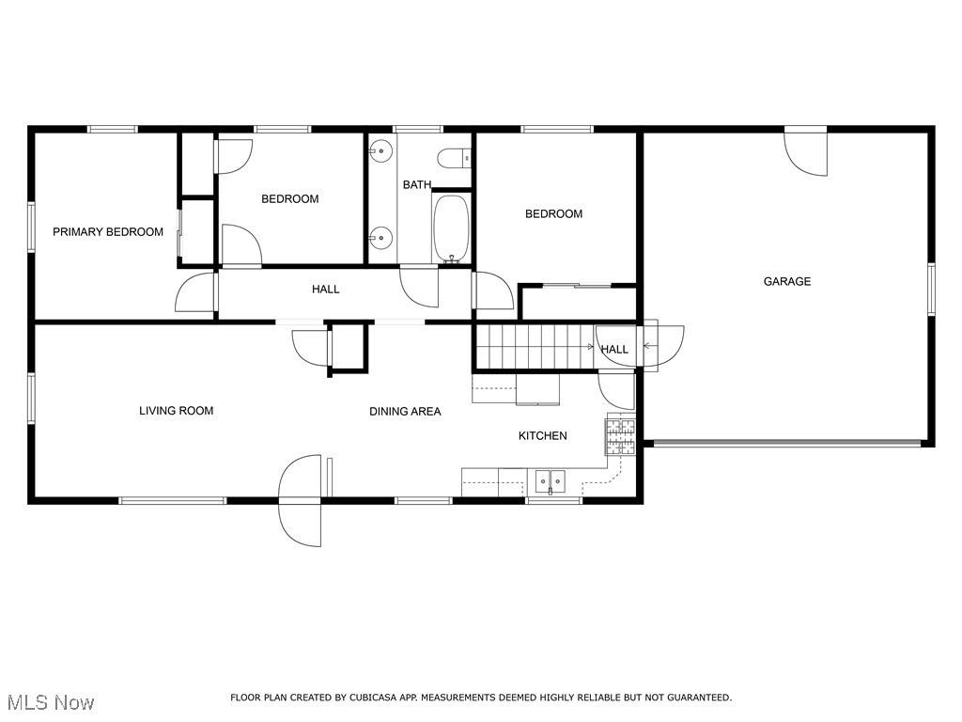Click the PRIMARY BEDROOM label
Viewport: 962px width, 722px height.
108,232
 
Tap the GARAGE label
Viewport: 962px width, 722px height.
786,281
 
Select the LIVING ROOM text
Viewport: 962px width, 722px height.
176,411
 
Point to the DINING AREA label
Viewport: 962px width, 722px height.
405,412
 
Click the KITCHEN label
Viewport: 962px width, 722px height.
543,436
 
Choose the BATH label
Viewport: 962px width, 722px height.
417,185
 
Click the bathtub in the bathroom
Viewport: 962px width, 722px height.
451,228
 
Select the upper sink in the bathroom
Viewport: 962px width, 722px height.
381,149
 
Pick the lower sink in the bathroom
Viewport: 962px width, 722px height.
381,237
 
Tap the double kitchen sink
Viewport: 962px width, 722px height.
551,481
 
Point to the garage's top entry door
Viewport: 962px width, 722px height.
807,152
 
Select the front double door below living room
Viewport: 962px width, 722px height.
303,498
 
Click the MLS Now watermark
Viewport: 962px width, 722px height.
49,702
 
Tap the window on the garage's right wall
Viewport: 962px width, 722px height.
931,289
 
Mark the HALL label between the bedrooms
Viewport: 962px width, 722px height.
326,290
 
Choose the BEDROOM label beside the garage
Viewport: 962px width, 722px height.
553,214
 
